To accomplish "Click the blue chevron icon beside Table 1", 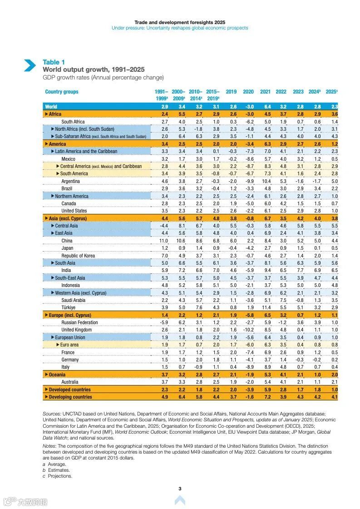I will coord(30,65).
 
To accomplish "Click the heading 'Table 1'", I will coord(54,62).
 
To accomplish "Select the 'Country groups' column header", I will coord(62,92).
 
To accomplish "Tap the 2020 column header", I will coord(248,92).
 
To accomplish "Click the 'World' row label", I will coord(51,107).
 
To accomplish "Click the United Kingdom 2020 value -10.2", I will coord(248,330).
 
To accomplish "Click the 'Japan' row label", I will coord(67,248).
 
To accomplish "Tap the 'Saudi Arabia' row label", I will coord(73,300).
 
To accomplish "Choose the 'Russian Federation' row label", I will coord(79,322).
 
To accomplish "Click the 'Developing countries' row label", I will coord(70,397).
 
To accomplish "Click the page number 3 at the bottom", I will coord(180,489).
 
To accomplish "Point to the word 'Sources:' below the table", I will coord(52,414).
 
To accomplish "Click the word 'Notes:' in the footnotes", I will coord(50,446).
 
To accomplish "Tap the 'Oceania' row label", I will coord(57,375).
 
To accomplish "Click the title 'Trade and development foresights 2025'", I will coord(180,22).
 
